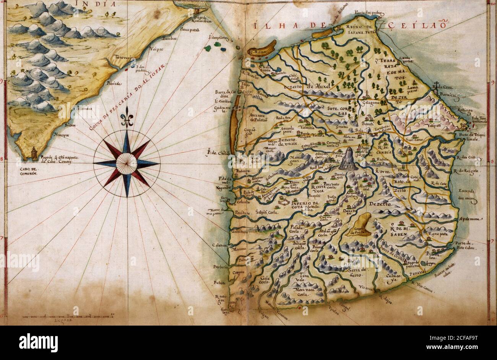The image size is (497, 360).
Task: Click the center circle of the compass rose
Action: tap(127, 163)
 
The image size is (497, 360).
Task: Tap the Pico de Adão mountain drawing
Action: tap(348, 159)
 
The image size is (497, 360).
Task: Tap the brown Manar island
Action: tap(261, 50)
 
